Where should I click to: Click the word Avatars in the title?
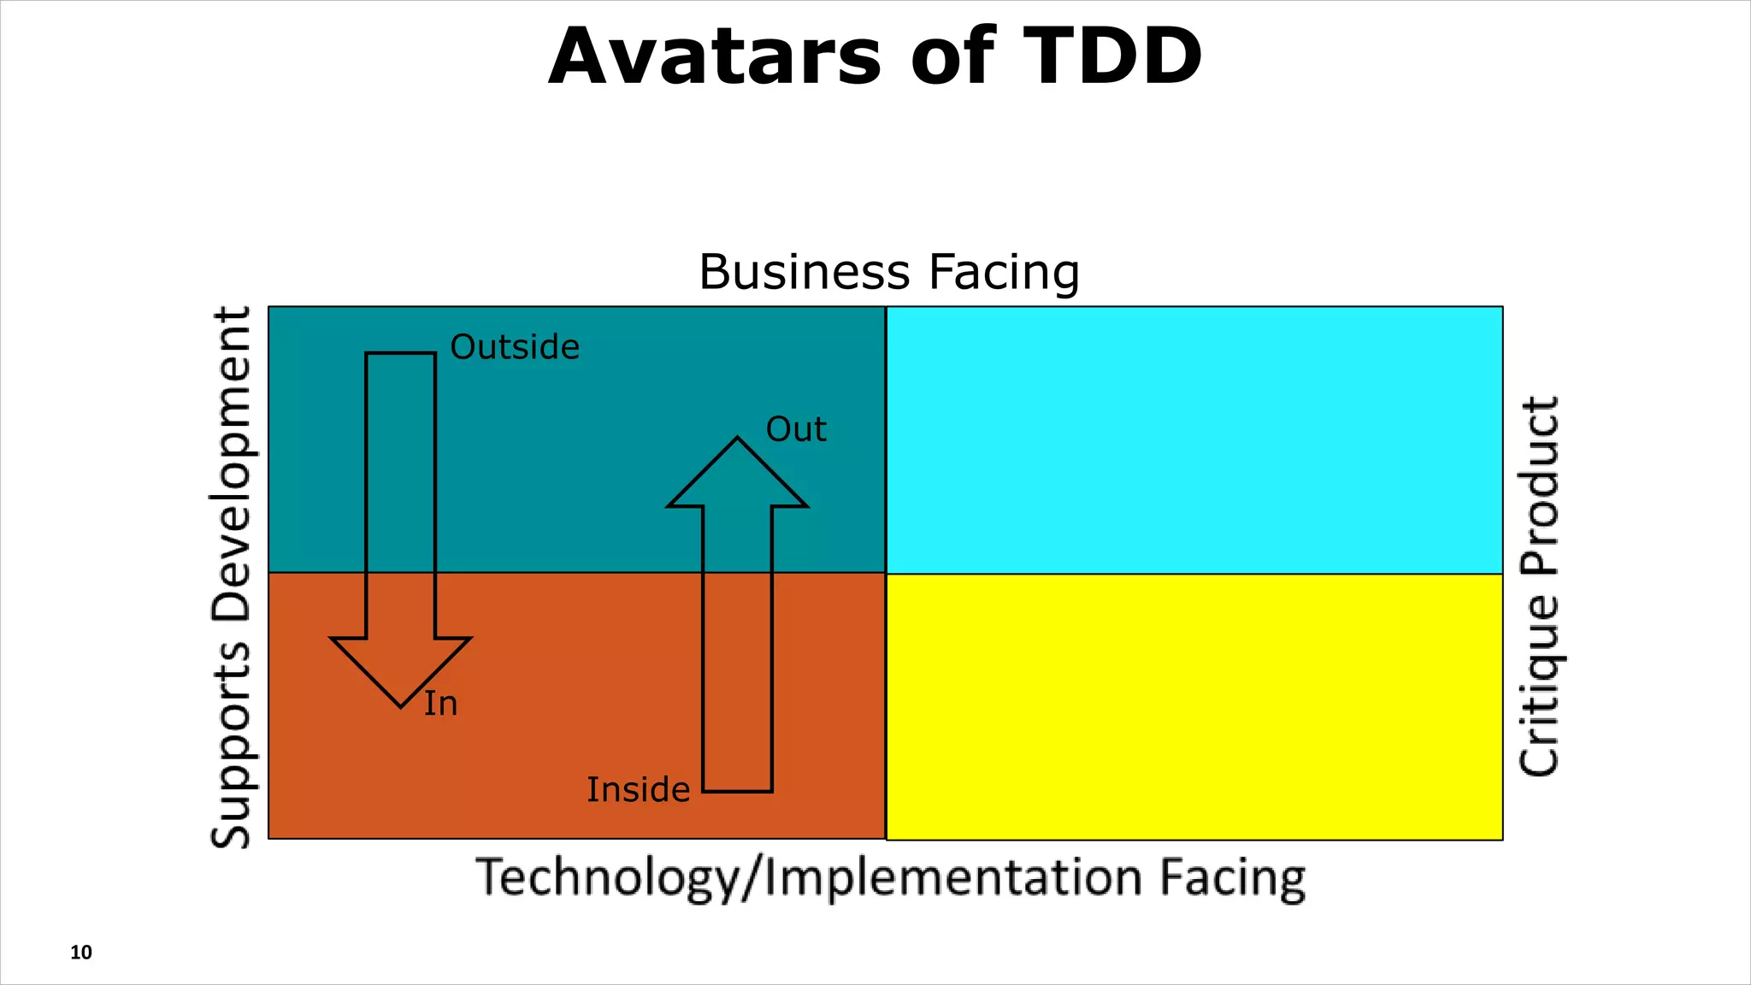pos(715,57)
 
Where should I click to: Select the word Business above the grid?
pos(805,272)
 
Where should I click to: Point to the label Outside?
pos(515,347)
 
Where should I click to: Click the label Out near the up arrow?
pos(796,429)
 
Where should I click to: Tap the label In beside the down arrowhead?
pos(441,704)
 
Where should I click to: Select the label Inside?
pos(638,789)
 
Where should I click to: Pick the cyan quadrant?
pos(1194,439)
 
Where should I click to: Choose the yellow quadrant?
pos(1194,706)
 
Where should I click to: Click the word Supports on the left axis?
pos(232,744)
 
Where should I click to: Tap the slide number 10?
pos(81,953)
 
